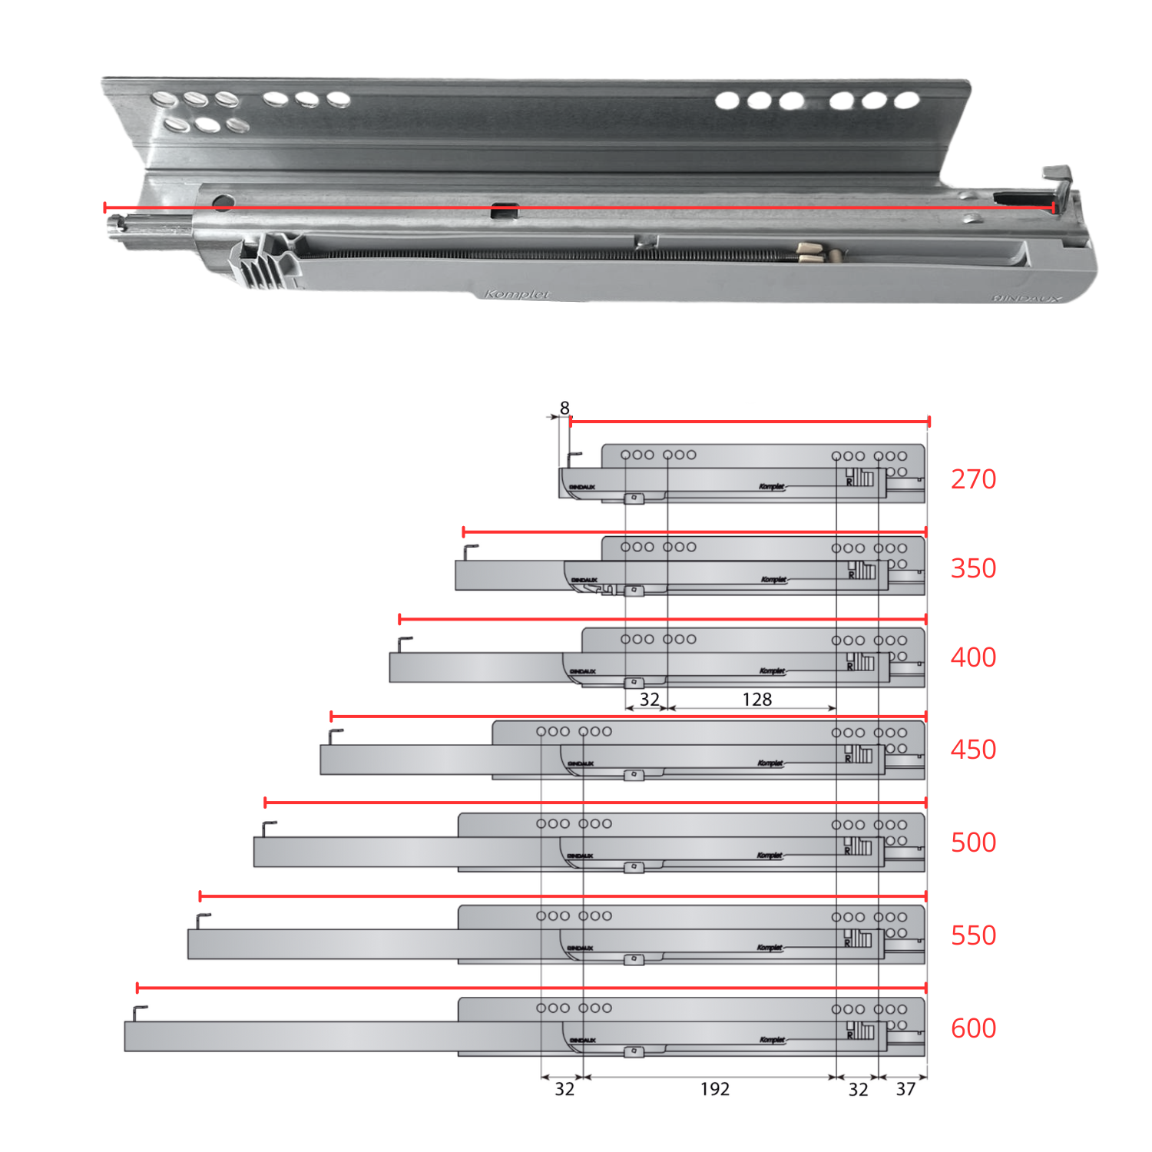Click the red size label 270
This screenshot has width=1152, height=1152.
(973, 479)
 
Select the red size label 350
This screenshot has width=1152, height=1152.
(973, 568)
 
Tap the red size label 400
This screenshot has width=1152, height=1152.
(973, 657)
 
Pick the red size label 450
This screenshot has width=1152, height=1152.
(973, 750)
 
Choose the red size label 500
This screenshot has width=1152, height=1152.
(973, 842)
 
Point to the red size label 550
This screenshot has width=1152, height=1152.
(973, 935)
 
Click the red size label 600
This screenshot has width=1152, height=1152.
(973, 1028)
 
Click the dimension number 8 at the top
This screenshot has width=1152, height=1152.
(564, 408)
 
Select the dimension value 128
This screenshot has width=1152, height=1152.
(756, 700)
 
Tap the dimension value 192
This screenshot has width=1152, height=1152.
(714, 1090)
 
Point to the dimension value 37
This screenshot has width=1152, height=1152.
(905, 1090)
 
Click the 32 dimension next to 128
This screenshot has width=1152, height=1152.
(650, 700)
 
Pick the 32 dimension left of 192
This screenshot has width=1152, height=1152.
(564, 1090)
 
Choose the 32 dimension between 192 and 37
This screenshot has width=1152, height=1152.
(858, 1090)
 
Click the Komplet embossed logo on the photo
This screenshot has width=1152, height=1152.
(518, 294)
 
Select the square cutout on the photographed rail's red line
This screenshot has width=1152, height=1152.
(504, 210)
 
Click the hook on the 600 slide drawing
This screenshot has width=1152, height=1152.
(139, 1012)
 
